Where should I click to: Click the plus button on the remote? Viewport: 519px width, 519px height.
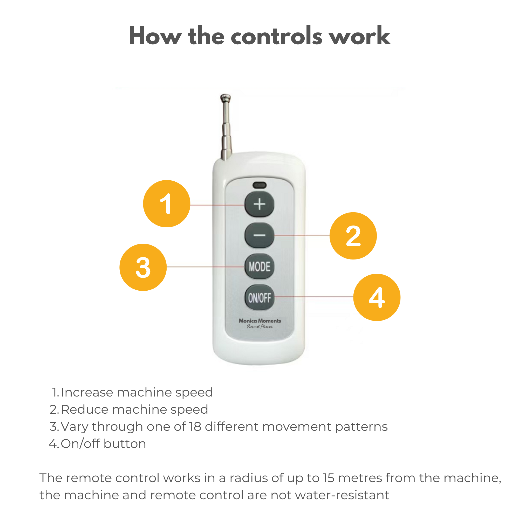[259, 204]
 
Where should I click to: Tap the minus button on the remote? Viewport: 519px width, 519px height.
[259, 235]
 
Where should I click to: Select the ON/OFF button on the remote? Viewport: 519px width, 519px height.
[259, 298]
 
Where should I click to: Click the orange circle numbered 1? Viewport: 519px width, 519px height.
[167, 204]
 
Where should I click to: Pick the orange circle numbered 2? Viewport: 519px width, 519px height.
[353, 236]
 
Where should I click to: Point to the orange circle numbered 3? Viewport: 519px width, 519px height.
[143, 267]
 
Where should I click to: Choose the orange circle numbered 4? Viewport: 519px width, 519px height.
[377, 297]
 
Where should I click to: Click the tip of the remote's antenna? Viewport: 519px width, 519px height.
[226, 96]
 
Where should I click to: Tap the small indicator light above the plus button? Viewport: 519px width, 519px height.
[259, 185]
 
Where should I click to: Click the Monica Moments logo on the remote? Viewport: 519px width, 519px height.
[260, 323]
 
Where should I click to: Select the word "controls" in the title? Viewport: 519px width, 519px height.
[276, 36]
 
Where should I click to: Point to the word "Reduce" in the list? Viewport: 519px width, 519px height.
[84, 410]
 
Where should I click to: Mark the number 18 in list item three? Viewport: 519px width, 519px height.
[195, 427]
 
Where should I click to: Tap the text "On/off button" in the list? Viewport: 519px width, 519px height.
[104, 444]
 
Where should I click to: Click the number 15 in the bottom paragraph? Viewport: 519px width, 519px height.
[329, 478]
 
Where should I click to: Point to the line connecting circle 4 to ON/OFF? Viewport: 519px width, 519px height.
[314, 297]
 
